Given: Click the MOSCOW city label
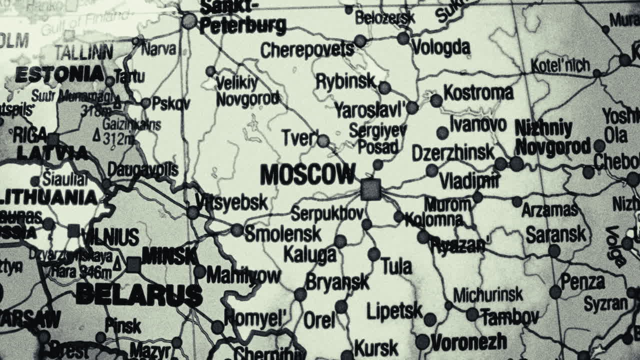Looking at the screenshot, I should coord(307,174).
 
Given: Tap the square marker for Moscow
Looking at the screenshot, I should coord(370,190).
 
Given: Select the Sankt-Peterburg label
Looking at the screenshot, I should coord(242,17).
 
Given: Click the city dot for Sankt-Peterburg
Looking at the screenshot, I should coord(189,21).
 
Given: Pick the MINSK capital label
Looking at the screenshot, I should coord(170,255).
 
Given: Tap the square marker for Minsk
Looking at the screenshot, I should coord(133,264).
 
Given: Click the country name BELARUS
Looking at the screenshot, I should coord(139,294).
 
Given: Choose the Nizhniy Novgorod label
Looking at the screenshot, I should coord(552,138).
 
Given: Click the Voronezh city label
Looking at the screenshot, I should coord(468,342).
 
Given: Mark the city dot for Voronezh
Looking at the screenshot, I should coord(422,342).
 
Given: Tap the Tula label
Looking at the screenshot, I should coord(396,266).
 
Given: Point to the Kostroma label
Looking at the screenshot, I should coord(478,92).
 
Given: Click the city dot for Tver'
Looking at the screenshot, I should coord(323,141).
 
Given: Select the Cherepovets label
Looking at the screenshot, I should coord(307,50).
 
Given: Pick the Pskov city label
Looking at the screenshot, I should coord(170,103).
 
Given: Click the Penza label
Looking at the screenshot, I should coord(582,282).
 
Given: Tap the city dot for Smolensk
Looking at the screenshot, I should coord(237,230).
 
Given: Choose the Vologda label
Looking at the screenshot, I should coord(440,47).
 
